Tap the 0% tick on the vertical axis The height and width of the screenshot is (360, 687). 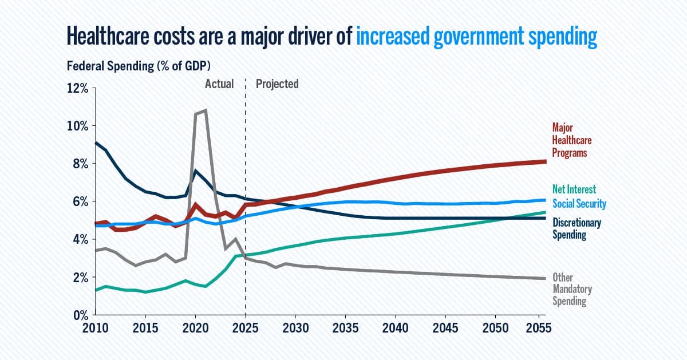[x=78, y=315]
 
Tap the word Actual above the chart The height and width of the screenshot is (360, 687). [x=219, y=84]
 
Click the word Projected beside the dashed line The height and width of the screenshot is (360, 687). [x=277, y=84]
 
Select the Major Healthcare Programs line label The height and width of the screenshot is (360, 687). [x=571, y=140]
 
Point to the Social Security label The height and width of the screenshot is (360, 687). [x=579, y=204]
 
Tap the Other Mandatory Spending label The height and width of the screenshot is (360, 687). [x=572, y=289]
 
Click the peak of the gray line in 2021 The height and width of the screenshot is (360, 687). [x=206, y=110]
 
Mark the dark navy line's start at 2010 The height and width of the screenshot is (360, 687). [x=96, y=143]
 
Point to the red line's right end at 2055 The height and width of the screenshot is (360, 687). [x=545, y=161]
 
